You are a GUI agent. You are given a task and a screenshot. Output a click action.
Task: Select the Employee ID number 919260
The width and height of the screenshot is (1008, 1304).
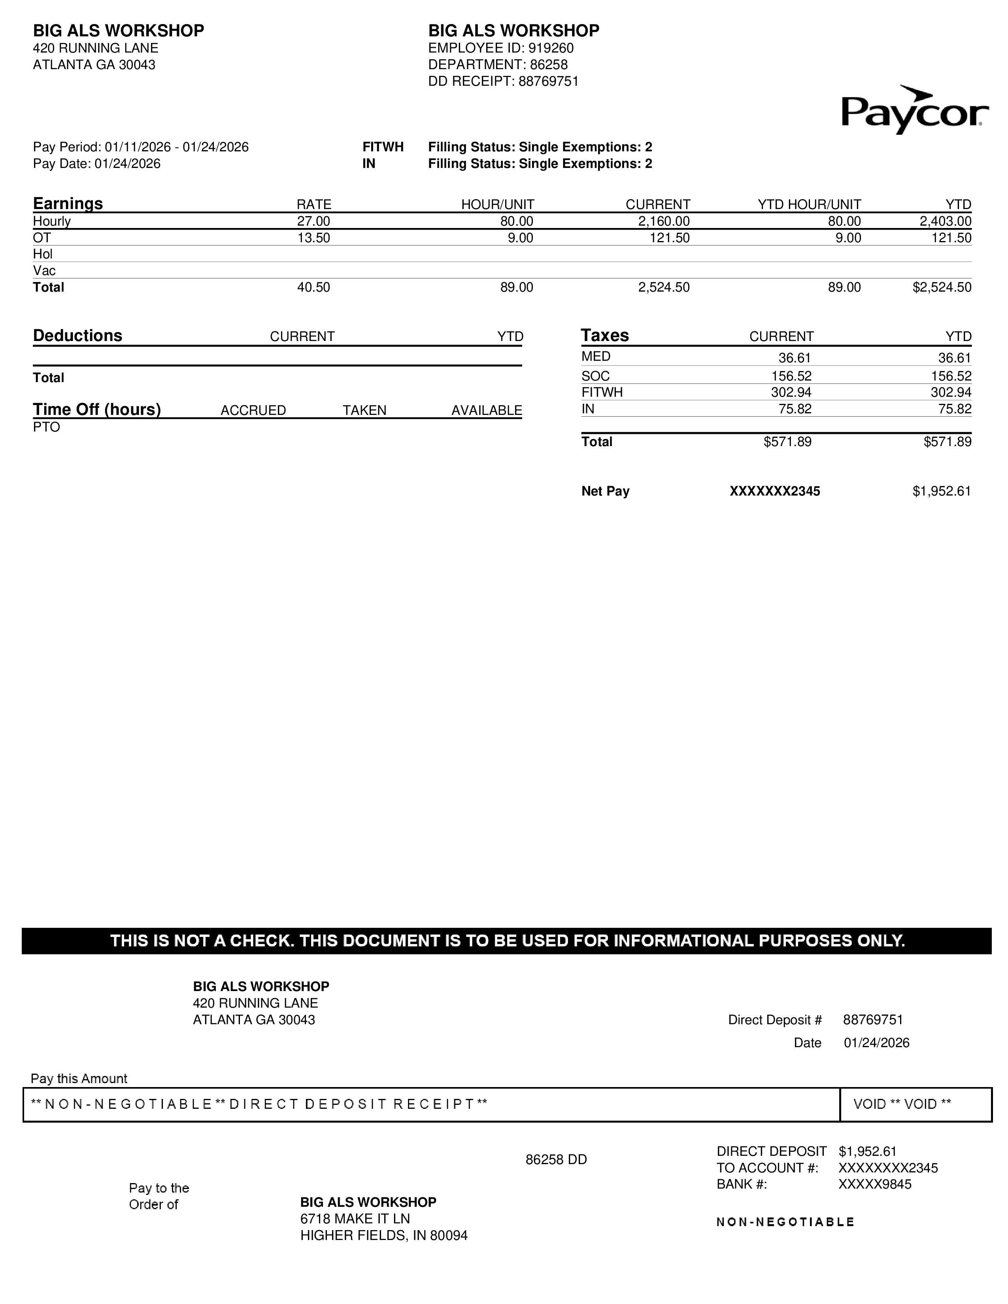click(551, 48)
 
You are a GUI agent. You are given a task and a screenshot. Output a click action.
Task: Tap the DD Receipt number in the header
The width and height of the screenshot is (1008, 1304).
click(548, 81)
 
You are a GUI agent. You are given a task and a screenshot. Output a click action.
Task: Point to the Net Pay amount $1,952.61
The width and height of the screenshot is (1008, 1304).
click(942, 492)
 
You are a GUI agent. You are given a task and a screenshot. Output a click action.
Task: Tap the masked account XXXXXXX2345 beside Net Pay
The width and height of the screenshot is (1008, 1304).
click(774, 492)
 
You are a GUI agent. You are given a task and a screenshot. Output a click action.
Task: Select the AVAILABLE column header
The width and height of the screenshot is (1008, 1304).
click(486, 411)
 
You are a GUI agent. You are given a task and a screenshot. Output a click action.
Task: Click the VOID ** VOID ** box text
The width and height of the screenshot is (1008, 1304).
click(902, 1104)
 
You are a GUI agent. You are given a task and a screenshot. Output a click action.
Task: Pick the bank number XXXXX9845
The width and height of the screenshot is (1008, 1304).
click(874, 1185)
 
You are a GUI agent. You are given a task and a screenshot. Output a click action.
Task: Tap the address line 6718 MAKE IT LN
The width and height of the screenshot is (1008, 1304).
click(355, 1219)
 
